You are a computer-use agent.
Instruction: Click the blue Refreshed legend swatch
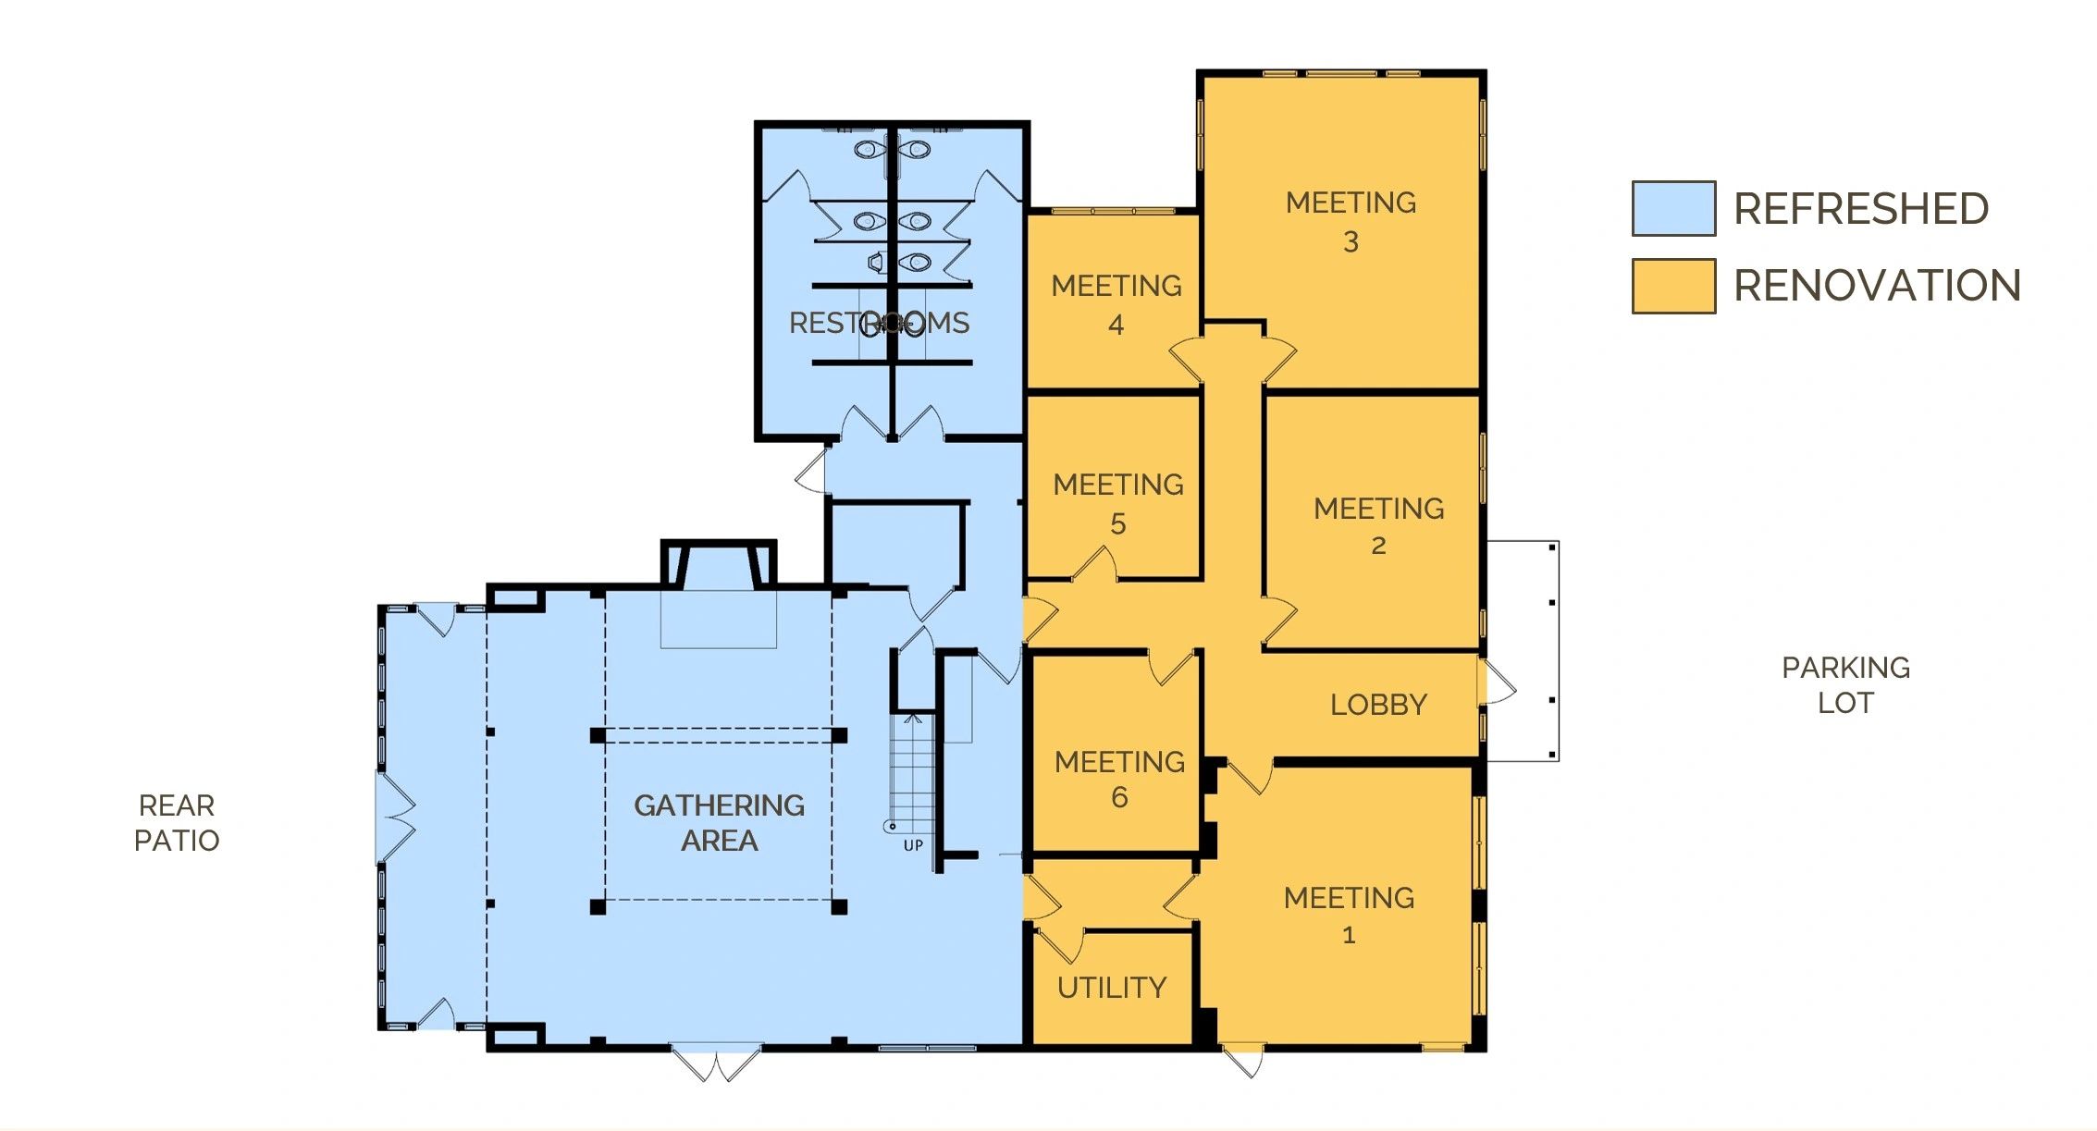click(1673, 208)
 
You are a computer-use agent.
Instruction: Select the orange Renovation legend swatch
click(1673, 286)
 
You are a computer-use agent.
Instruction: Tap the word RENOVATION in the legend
click(1877, 286)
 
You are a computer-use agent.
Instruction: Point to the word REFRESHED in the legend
click(1861, 209)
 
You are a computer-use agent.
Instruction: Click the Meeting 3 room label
click(1351, 222)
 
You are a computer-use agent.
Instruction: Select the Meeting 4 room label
click(1116, 305)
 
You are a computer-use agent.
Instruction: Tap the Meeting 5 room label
click(1118, 504)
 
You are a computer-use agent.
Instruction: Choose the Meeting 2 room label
click(1378, 526)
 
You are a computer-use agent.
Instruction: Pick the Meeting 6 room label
click(1119, 779)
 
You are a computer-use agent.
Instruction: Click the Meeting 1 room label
click(1349, 916)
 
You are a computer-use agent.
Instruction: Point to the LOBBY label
click(1378, 705)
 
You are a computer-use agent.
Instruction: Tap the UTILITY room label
click(1112, 988)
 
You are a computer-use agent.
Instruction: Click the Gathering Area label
click(719, 823)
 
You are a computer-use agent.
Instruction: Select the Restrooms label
click(879, 323)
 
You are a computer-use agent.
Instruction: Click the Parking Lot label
click(1845, 684)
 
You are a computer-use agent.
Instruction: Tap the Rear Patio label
click(177, 823)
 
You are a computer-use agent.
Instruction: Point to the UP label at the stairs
click(913, 845)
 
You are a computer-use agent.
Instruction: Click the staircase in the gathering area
click(912, 773)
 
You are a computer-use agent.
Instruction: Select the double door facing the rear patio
click(396, 818)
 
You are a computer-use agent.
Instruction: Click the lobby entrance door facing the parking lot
click(1497, 682)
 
